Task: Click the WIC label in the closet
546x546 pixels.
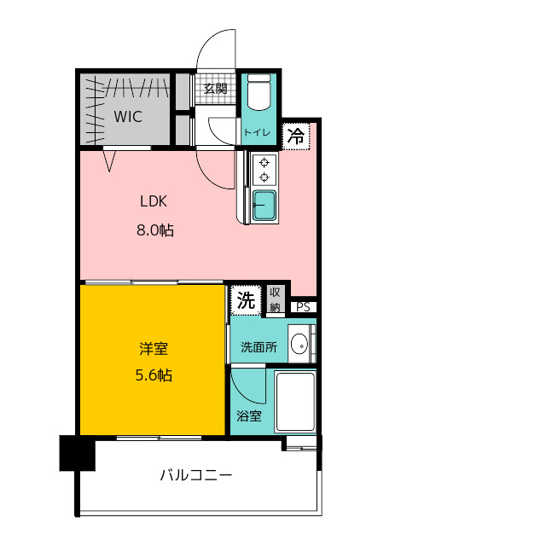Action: pyautogui.click(x=128, y=117)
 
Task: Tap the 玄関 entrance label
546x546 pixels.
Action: pyautogui.click(x=216, y=89)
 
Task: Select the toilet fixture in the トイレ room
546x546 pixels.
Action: pyautogui.click(x=258, y=92)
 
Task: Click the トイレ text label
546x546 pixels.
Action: pyautogui.click(x=257, y=132)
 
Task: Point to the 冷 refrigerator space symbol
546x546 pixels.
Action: pyautogui.click(x=296, y=136)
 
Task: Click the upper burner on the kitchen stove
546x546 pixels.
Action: pyautogui.click(x=264, y=162)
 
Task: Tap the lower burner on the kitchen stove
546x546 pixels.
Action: pyautogui.click(x=264, y=177)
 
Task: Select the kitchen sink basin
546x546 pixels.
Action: pyautogui.click(x=264, y=206)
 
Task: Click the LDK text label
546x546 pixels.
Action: pyautogui.click(x=154, y=201)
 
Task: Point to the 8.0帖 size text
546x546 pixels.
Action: pyautogui.click(x=155, y=230)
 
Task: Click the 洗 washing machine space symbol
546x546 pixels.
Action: pyautogui.click(x=246, y=299)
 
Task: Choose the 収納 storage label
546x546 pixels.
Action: pyautogui.click(x=275, y=299)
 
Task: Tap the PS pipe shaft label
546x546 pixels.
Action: pyautogui.click(x=303, y=307)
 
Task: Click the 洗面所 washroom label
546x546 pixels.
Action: pyautogui.click(x=258, y=347)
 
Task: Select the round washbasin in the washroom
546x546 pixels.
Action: pyautogui.click(x=299, y=344)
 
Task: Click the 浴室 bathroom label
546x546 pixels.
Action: pyautogui.click(x=249, y=416)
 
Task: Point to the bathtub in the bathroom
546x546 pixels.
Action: pyautogui.click(x=295, y=402)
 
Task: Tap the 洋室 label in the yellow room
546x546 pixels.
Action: pyautogui.click(x=154, y=349)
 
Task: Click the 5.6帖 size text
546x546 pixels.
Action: pyautogui.click(x=154, y=375)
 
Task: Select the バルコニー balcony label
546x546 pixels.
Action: pyautogui.click(x=196, y=475)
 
